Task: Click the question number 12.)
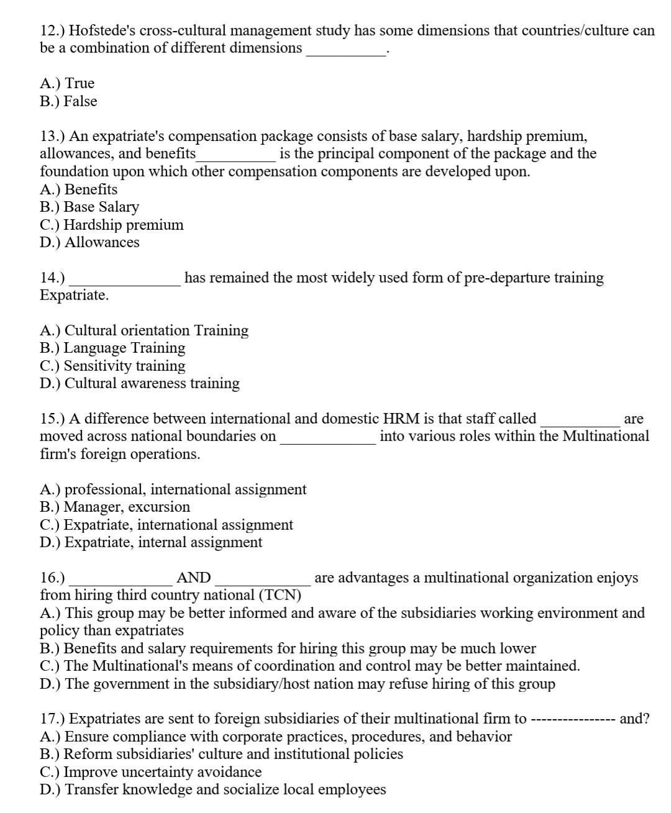coord(52,30)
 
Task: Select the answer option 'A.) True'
coord(67,83)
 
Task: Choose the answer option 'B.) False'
coord(68,101)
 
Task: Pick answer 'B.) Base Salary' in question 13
coord(89,207)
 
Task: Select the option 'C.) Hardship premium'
coord(112,224)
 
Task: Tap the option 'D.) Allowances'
coord(89,242)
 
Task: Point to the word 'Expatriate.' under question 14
coord(74,295)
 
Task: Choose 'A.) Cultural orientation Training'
coord(144,330)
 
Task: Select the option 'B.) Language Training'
coord(112,348)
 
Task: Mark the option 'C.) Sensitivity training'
coord(112,366)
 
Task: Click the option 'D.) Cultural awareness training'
coord(140,383)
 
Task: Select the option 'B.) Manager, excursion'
coord(115,507)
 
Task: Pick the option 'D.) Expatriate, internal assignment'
coord(151,542)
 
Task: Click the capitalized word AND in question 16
coord(194,578)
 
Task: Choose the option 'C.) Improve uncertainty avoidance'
coord(150,772)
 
